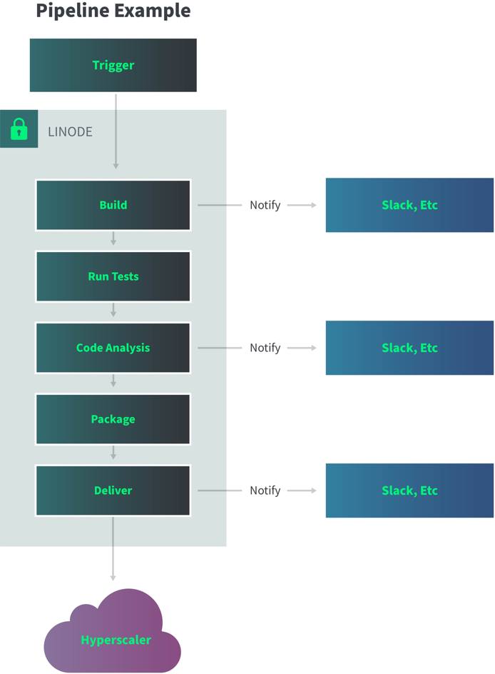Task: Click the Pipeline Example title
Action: tap(113, 11)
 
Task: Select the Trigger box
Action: tap(113, 65)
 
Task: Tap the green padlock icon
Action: tap(19, 130)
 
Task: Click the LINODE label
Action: tap(70, 132)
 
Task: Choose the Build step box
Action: tap(113, 205)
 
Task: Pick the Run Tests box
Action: tap(113, 276)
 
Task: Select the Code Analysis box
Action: tap(113, 348)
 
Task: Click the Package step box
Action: tap(113, 419)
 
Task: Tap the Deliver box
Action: tap(113, 491)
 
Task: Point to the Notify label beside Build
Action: tap(265, 205)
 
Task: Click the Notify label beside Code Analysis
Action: tap(265, 348)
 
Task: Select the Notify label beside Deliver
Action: tap(265, 491)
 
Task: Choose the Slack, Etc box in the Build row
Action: tap(409, 205)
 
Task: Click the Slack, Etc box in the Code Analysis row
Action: tap(409, 348)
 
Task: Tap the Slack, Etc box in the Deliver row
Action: tap(409, 491)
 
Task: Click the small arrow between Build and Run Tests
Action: tap(113, 239)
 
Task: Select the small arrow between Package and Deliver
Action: tap(113, 453)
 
